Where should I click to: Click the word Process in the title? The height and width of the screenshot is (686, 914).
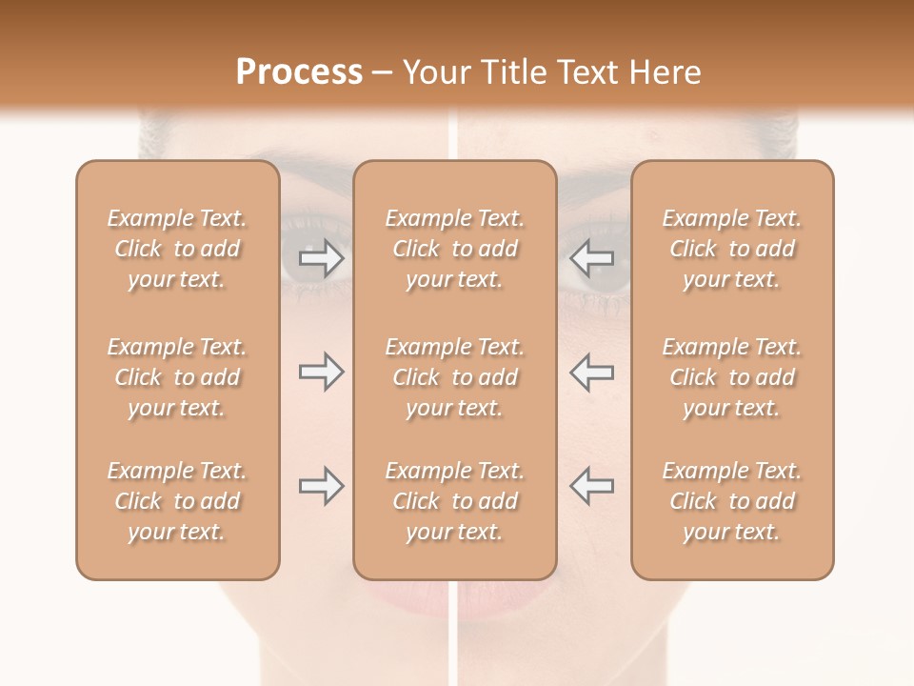(x=299, y=72)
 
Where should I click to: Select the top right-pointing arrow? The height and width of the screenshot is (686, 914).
(x=321, y=258)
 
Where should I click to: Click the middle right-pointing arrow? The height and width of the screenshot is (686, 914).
(x=321, y=373)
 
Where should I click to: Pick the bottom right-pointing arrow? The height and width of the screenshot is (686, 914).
(x=321, y=486)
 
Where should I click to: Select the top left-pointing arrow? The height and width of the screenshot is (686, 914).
(x=591, y=258)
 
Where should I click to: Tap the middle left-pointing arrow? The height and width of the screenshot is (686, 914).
(x=591, y=373)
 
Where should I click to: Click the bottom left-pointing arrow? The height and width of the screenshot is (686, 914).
(x=591, y=486)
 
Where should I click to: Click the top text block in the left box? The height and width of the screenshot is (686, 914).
(x=177, y=249)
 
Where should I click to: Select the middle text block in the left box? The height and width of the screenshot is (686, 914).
(x=177, y=377)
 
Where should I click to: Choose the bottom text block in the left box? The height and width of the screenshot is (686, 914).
(x=177, y=501)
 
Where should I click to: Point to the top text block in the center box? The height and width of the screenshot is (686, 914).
(x=455, y=249)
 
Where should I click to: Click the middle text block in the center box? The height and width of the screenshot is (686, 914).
(x=455, y=377)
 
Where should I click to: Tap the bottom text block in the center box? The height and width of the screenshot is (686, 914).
(x=455, y=501)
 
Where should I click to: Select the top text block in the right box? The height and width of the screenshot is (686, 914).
(x=732, y=249)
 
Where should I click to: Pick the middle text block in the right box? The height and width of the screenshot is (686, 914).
(x=732, y=377)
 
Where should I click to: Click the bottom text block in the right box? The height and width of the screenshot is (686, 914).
(x=732, y=501)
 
